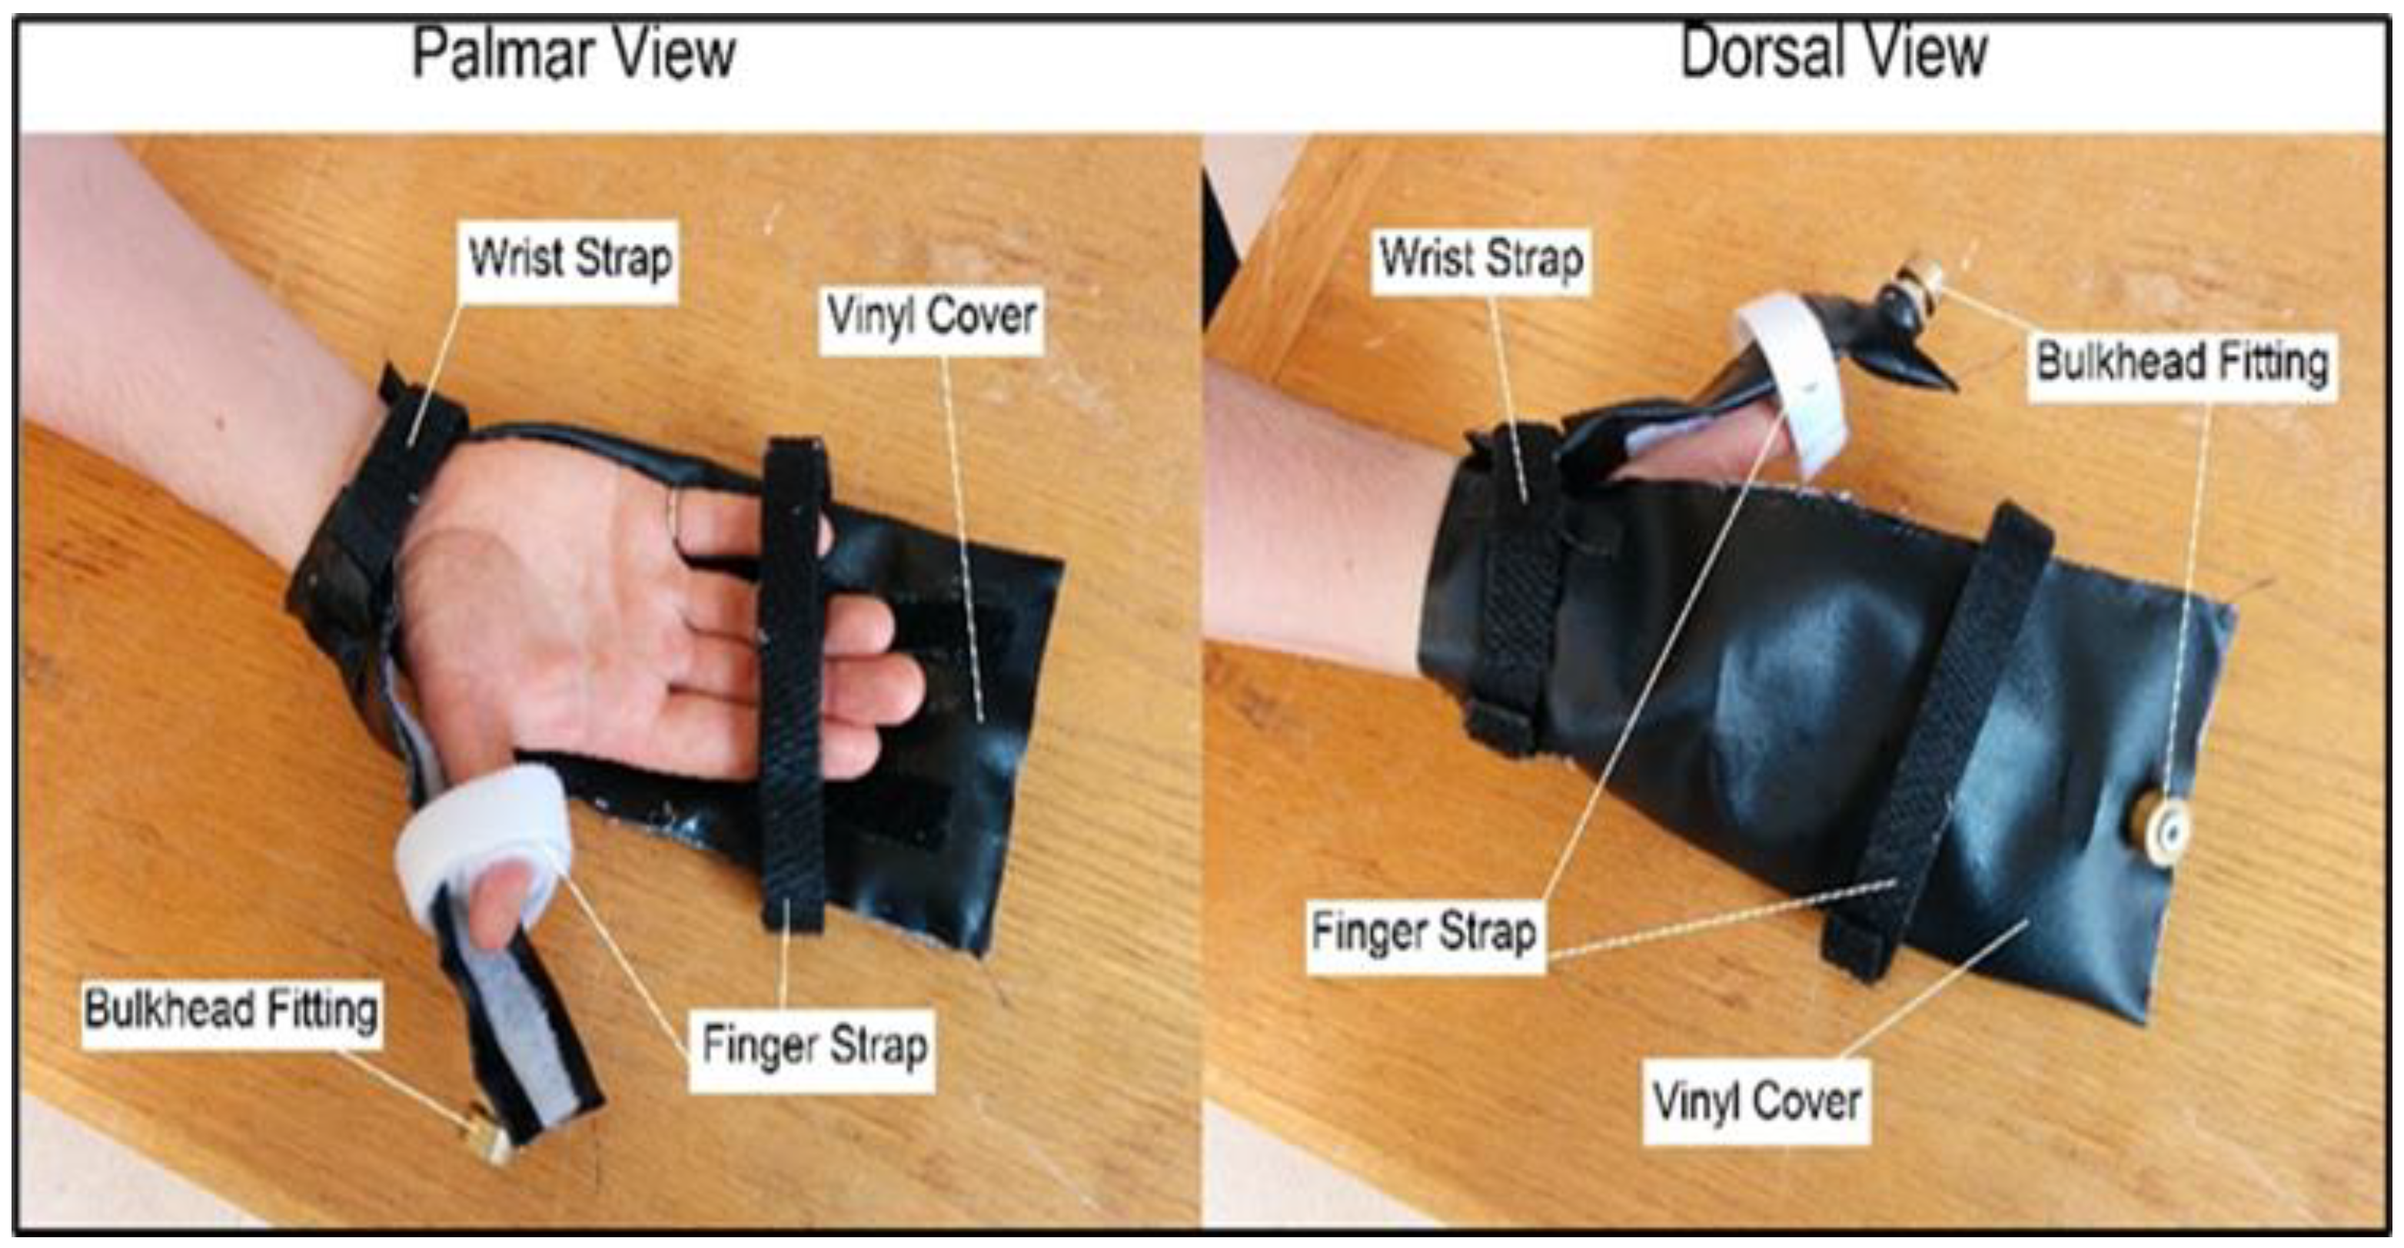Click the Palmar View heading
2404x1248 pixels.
click(x=574, y=54)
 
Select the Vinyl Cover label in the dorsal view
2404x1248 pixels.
click(x=1757, y=1101)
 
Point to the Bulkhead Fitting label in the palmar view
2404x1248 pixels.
click(x=231, y=1010)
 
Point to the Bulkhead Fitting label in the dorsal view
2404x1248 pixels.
click(x=2182, y=363)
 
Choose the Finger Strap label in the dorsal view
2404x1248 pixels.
click(x=1423, y=931)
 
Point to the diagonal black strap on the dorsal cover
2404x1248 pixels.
click(x=1932, y=737)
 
